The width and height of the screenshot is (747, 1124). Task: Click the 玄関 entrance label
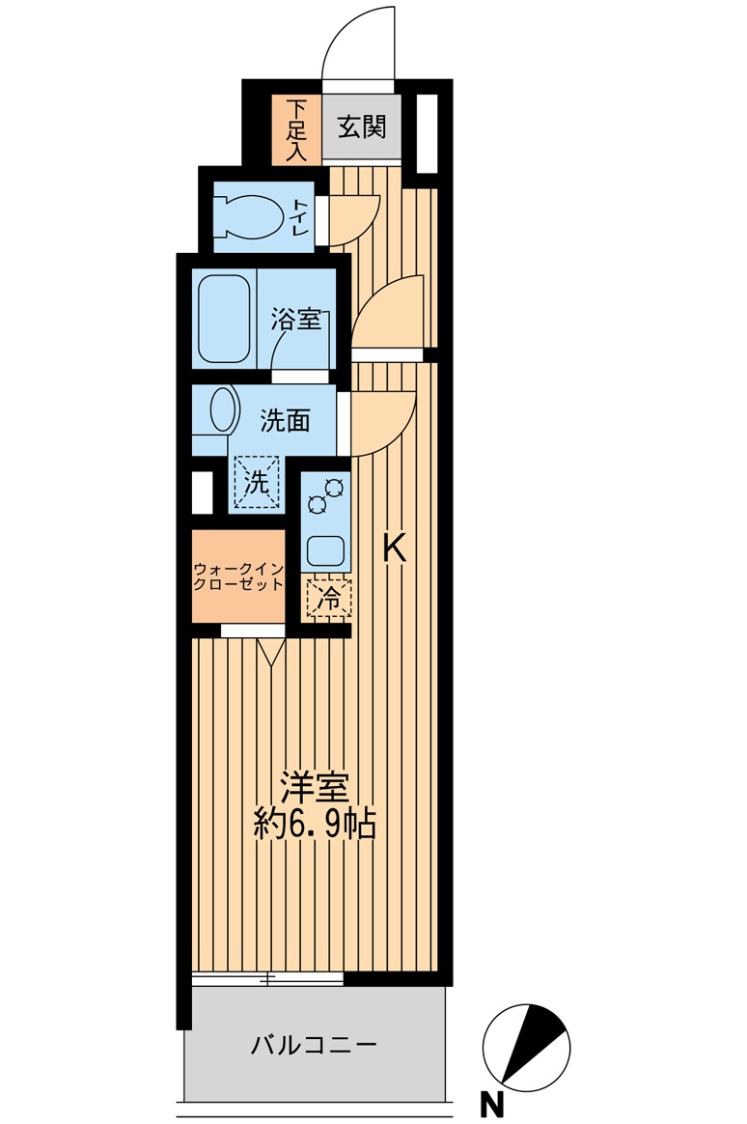362,126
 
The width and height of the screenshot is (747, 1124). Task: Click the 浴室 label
295,320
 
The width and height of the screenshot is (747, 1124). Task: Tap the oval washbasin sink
224,409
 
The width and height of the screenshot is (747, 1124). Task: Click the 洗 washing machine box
256,483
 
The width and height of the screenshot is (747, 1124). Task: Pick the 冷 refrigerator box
328,599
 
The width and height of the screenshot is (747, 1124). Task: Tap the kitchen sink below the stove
326,551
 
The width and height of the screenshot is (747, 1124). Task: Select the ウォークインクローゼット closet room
238,576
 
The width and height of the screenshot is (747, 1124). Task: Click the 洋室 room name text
314,788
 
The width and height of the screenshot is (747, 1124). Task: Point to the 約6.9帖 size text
314,824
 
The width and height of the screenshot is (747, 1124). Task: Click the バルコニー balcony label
314,1045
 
